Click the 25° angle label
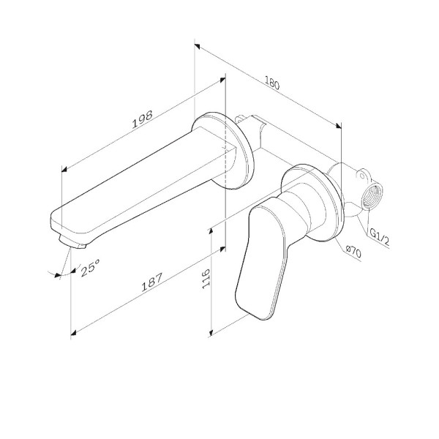[x=91, y=269]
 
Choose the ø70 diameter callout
[x=353, y=251]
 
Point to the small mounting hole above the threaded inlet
[x=361, y=175]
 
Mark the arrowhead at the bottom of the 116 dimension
[x=210, y=333]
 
